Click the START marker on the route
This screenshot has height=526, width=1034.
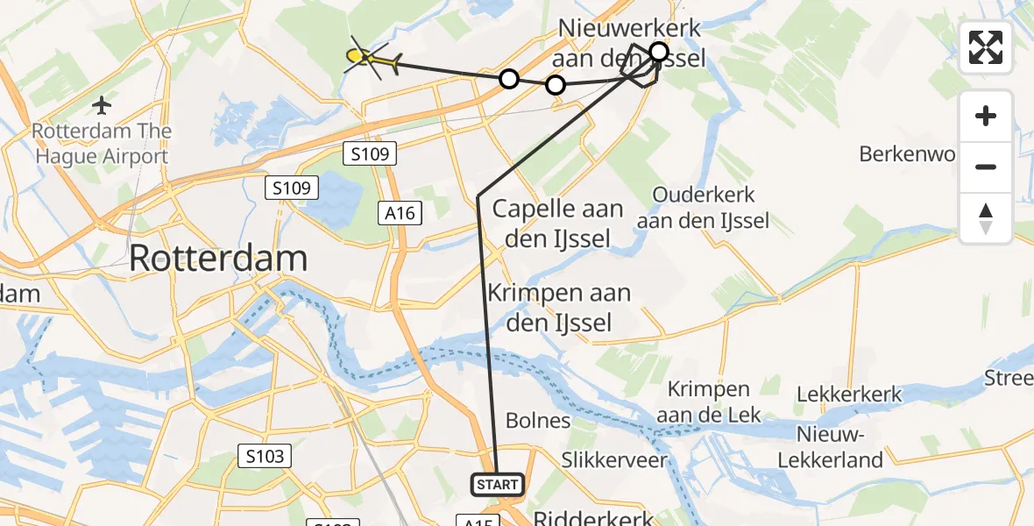498,484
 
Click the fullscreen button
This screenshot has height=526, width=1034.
986,47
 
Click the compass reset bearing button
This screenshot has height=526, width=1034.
986,218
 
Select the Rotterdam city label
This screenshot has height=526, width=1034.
218,259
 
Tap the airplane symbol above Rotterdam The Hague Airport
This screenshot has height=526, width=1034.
102,106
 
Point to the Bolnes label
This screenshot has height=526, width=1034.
538,421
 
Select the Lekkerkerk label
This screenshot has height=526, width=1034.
849,394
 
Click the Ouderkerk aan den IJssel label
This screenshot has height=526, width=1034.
703,208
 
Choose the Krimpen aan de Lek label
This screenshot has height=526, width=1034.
708,402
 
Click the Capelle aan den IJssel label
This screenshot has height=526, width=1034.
557,223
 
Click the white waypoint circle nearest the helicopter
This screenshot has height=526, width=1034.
508,80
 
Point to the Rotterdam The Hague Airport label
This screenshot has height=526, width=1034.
101,145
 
